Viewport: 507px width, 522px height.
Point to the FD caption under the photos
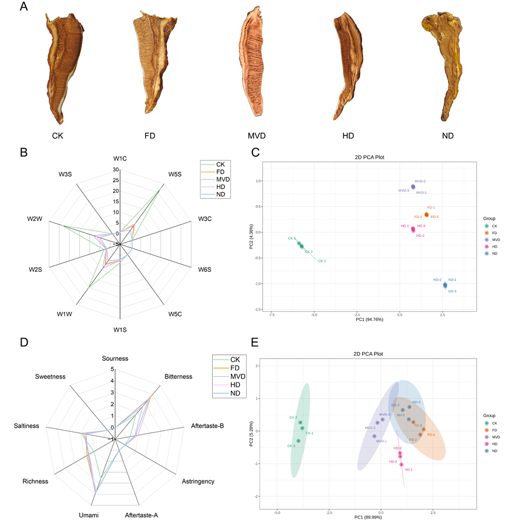[149, 136]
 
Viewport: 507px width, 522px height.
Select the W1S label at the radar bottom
[120, 330]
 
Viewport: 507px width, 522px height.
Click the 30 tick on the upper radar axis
[117, 170]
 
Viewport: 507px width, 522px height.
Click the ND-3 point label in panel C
[452, 291]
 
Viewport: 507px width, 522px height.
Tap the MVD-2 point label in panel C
[420, 182]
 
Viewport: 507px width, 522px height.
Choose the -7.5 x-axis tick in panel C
[271, 315]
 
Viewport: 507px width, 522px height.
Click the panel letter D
[24, 341]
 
